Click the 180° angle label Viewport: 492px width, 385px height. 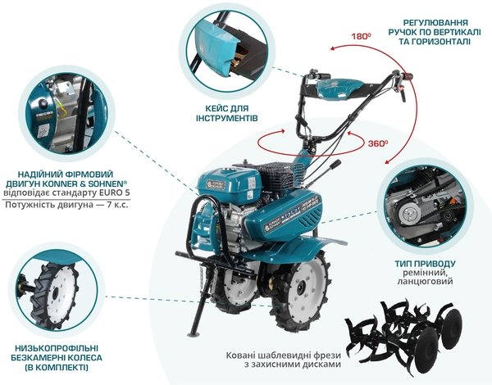point(361,36)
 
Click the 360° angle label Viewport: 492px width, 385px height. point(378,143)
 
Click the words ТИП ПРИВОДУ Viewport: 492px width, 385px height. point(425,263)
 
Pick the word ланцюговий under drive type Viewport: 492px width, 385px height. point(425,281)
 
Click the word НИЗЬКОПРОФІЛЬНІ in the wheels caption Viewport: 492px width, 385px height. point(57,348)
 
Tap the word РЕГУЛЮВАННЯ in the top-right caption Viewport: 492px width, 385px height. point(435,23)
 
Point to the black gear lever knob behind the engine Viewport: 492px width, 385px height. point(335,164)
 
